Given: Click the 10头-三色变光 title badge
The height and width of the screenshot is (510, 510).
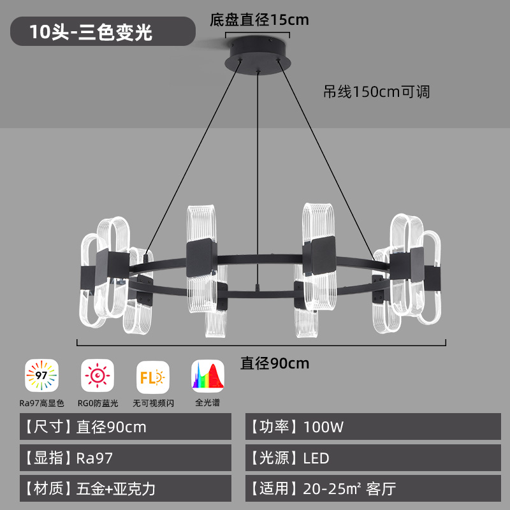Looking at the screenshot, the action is point(103,31).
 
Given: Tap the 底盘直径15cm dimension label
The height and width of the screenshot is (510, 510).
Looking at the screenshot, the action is point(259,20).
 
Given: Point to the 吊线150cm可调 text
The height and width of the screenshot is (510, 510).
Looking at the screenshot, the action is point(376,92).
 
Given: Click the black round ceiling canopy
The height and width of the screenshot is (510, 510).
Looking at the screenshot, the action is point(258,55).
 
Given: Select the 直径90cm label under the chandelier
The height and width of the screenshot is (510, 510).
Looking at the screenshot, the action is point(275,363).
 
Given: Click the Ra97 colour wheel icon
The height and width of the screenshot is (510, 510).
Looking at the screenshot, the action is point(41,375).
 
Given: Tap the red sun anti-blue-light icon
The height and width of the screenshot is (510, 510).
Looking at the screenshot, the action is point(98,375).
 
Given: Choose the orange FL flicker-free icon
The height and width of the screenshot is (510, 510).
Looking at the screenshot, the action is point(153,377).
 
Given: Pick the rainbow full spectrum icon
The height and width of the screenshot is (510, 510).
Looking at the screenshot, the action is point(208,376).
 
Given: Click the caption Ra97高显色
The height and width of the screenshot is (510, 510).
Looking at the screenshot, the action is point(41,404).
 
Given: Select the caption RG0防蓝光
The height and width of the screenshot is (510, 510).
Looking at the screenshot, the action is point(98,404).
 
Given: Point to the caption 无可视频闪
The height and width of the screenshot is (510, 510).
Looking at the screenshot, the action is point(153,404).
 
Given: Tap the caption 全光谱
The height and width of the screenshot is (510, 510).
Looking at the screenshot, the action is point(208,403).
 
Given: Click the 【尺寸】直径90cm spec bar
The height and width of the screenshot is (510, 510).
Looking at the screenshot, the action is point(126,426).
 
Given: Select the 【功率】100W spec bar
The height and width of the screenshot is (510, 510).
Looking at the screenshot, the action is point(373,426).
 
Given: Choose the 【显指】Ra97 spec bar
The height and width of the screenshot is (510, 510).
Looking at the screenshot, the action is point(126,458).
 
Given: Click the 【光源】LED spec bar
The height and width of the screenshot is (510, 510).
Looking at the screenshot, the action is point(373,458).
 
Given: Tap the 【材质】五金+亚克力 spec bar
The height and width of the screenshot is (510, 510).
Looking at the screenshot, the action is point(126,488).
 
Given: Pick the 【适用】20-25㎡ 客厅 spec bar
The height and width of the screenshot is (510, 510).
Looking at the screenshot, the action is point(373,488).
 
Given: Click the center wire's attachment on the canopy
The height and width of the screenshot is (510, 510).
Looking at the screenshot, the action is point(258,71).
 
